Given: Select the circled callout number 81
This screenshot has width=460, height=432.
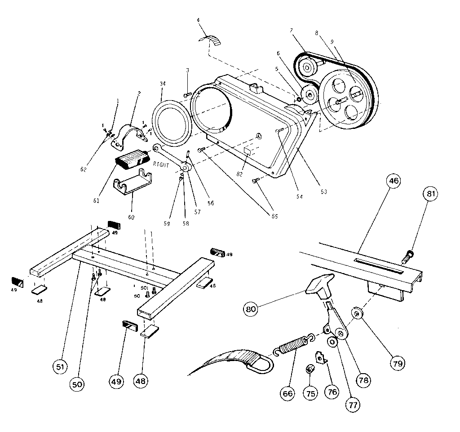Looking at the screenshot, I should coord(430,194).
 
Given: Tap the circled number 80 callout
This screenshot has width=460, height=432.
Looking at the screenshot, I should coord(251,309).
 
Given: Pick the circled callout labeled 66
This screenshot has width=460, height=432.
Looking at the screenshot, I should coord(287,393).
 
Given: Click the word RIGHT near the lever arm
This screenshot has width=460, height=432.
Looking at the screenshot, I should coord(160,165).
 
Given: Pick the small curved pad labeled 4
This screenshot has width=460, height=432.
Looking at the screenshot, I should coord(210,40).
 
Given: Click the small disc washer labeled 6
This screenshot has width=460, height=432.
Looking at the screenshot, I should coord(309,96).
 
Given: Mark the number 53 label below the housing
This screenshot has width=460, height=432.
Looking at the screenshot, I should coord(322,192).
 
